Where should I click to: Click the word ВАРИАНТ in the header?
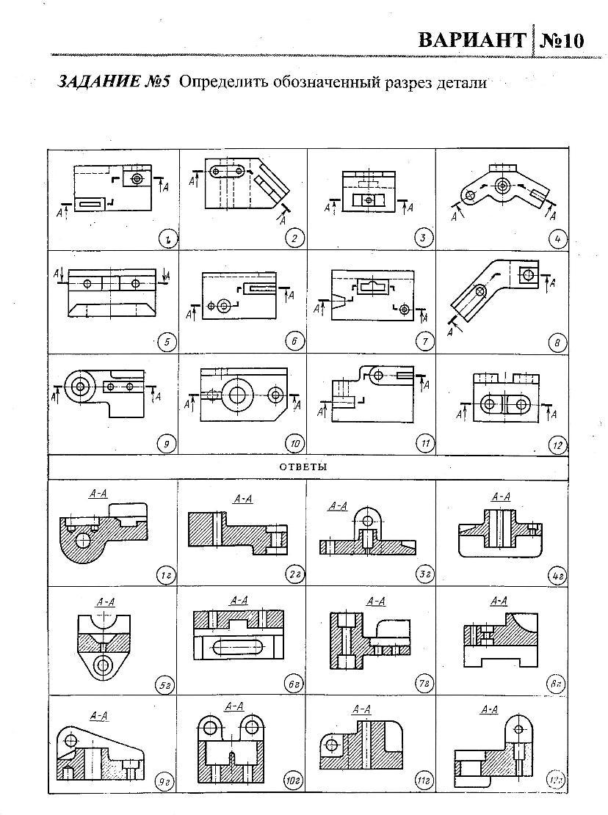(471, 40)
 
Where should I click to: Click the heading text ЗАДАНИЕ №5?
(114, 82)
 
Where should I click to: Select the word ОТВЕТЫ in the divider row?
(303, 467)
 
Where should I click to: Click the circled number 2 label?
(294, 237)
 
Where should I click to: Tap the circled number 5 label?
(166, 340)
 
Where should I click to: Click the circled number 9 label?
(166, 442)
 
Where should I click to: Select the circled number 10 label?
(294, 443)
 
